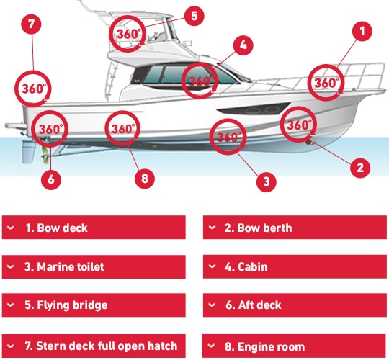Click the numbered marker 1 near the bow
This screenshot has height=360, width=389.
click(362, 31)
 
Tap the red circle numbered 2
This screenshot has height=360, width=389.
click(360, 168)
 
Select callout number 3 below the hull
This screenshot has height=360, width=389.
click(267, 181)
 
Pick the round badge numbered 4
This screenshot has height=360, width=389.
click(243, 45)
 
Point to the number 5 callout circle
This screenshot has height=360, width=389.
click(194, 16)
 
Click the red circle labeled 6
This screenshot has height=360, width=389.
click(51, 179)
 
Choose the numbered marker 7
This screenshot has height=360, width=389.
click(31, 24)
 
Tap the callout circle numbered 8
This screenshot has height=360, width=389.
click(145, 179)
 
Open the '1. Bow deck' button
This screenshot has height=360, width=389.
click(94, 228)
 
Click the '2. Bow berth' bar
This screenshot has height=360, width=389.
click(295, 228)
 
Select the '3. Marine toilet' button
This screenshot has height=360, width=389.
click(94, 266)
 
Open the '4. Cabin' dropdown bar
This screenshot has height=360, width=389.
click(295, 266)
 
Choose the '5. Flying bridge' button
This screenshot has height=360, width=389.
click(94, 305)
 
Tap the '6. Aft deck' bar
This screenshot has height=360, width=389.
click(295, 305)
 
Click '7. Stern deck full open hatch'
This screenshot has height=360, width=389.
click(94, 346)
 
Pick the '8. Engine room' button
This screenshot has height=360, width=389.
click(294, 346)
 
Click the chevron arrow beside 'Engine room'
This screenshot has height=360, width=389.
click(211, 345)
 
